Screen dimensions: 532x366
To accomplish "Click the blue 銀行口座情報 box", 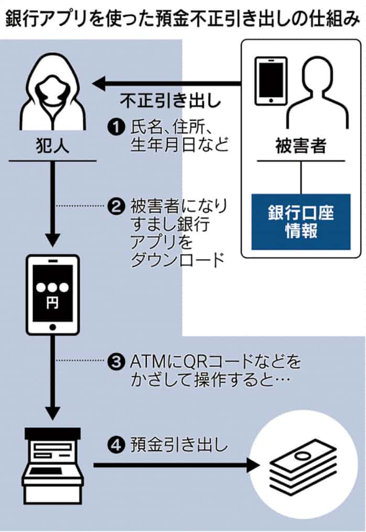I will pos(300,222).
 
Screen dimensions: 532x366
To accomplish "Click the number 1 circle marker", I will pos(115,127).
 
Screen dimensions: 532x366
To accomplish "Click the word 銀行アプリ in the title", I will pos(42,19).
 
